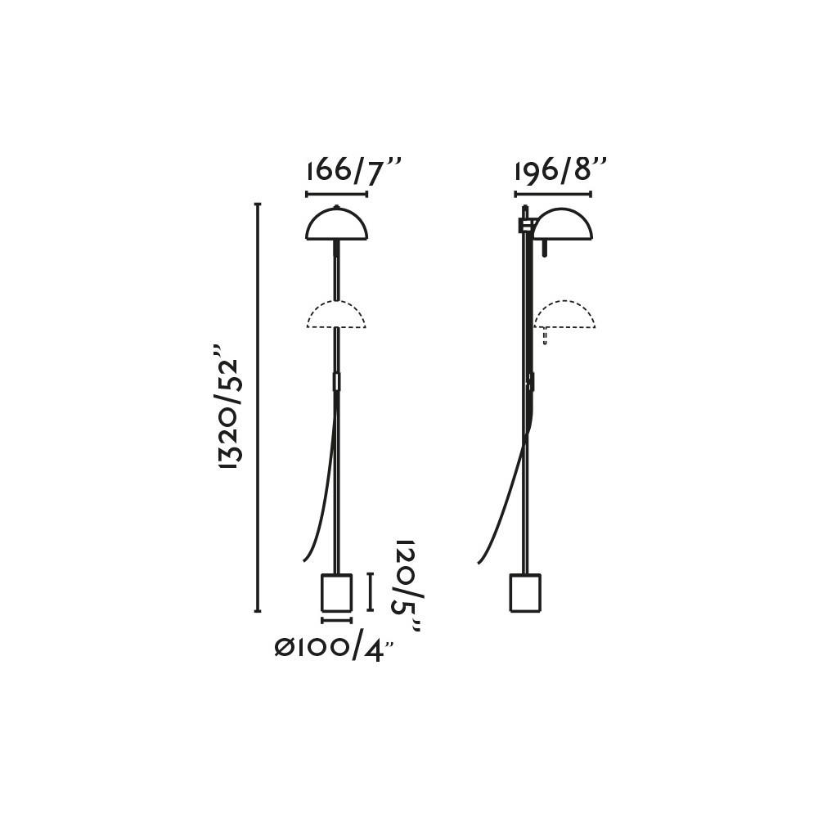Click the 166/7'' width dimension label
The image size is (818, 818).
pyautogui.click(x=353, y=171)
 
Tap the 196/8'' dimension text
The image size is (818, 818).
pyautogui.click(x=561, y=171)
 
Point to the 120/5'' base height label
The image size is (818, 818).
pyautogui.click(x=407, y=587)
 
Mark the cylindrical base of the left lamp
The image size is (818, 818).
pyautogui.click(x=336, y=592)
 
